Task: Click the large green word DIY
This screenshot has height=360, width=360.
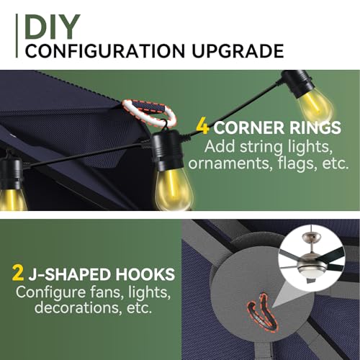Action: coord(52,27)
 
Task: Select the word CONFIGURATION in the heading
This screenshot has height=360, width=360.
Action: coord(105,51)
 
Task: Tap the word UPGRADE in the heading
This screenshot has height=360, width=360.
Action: coord(238,51)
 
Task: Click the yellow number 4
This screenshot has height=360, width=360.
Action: coord(202,127)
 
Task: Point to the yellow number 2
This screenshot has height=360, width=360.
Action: coord(18,274)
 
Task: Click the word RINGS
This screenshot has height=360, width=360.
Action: coord(315,127)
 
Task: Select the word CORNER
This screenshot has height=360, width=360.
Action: coord(249,127)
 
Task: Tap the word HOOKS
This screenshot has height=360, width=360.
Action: coord(145,274)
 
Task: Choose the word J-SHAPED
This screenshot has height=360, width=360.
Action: coord(71,274)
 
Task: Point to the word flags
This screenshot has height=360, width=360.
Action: coord(297,163)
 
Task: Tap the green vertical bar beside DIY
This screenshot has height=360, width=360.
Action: coord(17,36)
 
